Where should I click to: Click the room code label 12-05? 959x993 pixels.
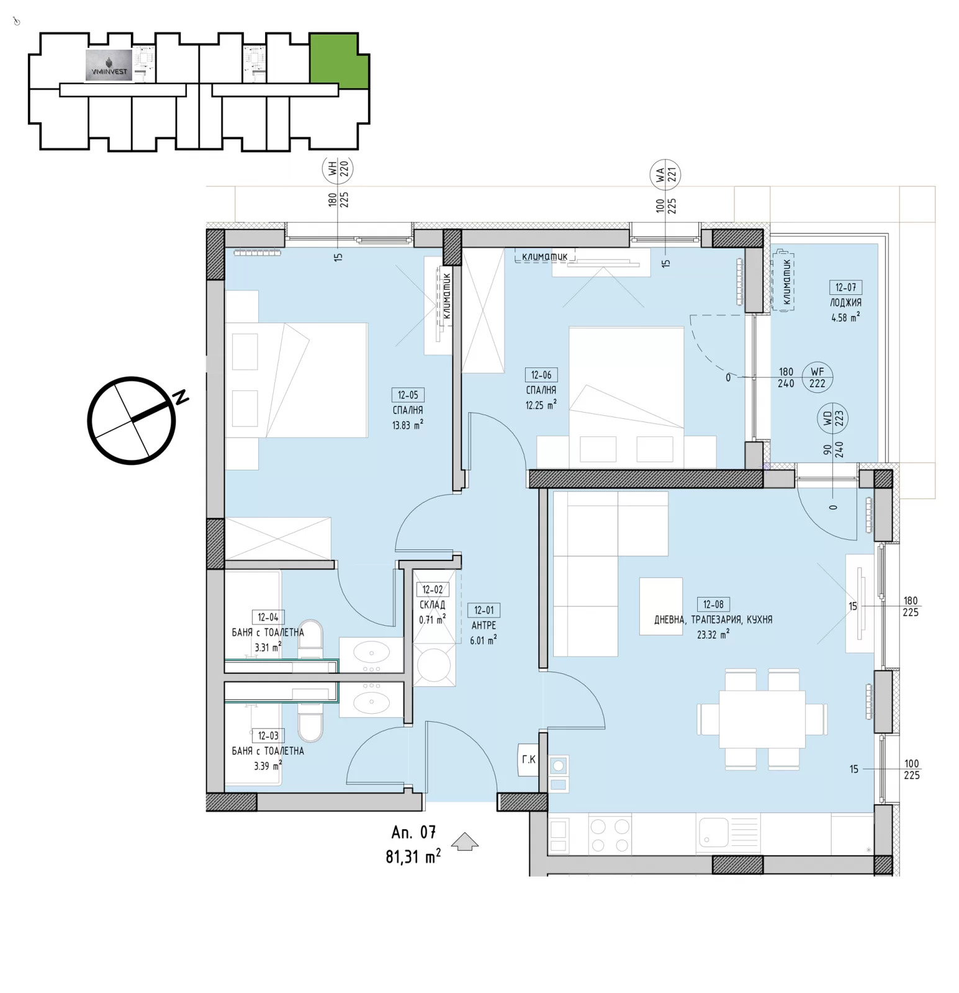pyautogui.click(x=408, y=395)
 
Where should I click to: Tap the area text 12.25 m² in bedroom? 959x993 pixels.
pyautogui.click(x=541, y=405)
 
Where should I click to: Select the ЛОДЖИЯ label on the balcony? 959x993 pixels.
pyautogui.click(x=845, y=303)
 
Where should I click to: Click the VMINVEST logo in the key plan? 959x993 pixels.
pyautogui.click(x=109, y=66)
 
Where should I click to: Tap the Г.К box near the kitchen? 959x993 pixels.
pyautogui.click(x=529, y=759)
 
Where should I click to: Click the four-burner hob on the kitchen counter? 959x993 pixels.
pyautogui.click(x=610, y=835)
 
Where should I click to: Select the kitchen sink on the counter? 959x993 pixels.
pyautogui.click(x=714, y=832)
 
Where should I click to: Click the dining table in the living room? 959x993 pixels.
pyautogui.click(x=762, y=719)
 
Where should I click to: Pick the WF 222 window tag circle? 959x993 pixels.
pyautogui.click(x=817, y=377)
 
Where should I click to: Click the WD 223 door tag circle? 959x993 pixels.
pyautogui.click(x=832, y=420)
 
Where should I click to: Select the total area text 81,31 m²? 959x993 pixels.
pyautogui.click(x=413, y=856)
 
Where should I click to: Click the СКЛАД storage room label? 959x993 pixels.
pyautogui.click(x=432, y=604)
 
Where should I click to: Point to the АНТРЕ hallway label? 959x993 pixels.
pyautogui.click(x=484, y=626)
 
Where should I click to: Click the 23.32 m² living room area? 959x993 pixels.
pyautogui.click(x=713, y=634)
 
